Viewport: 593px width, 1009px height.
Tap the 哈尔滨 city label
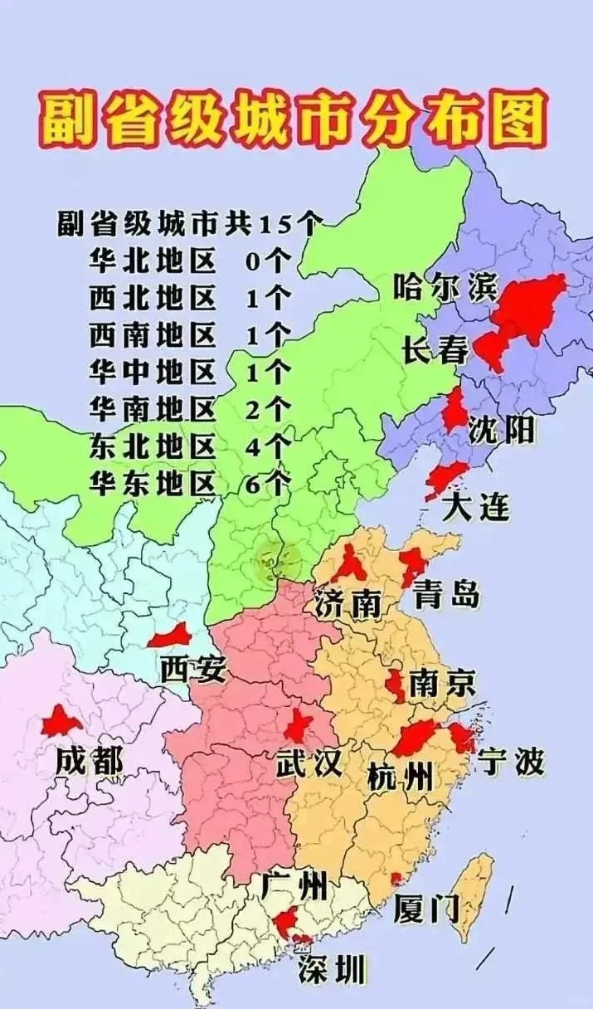445,288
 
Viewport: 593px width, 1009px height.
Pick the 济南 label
348,604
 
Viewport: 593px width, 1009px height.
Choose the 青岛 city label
448,594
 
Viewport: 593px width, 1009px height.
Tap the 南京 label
442,684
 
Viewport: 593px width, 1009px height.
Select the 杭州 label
400,777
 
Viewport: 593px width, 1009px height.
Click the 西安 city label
192,669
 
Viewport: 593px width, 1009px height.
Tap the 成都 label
89,761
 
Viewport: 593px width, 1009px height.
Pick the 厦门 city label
426,909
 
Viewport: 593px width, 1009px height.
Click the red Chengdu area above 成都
60,722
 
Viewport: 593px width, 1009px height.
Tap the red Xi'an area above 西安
171,637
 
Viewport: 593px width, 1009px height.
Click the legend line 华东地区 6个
190,482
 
